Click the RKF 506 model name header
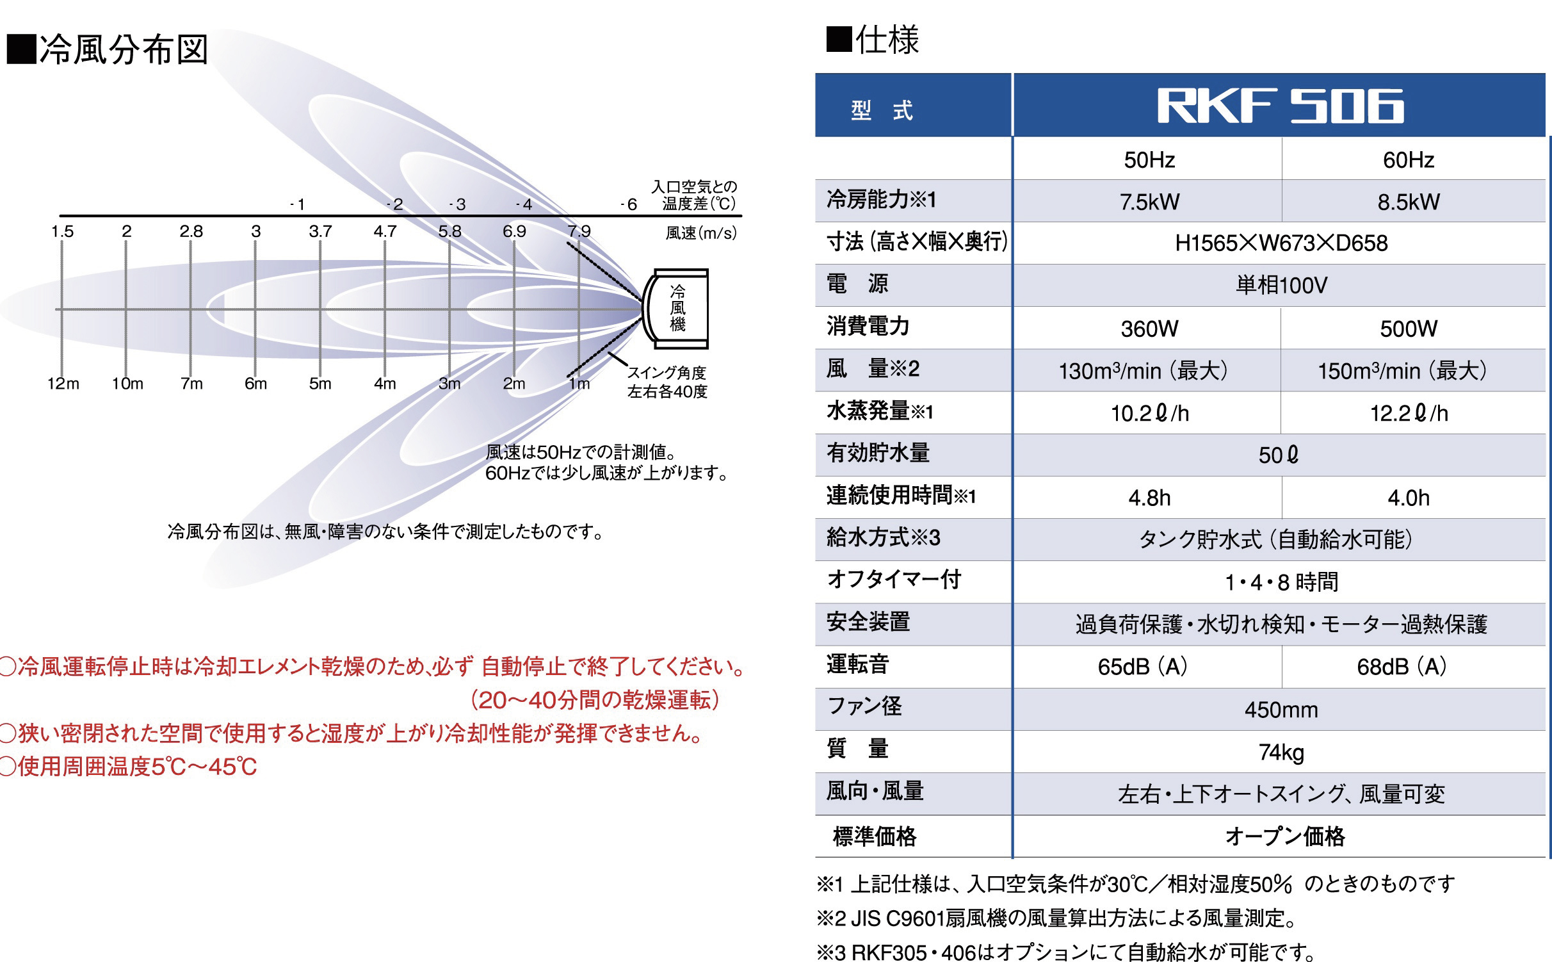pos(1280,106)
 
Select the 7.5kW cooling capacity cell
pos(1149,202)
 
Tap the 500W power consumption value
pos(1409,329)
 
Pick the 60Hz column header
pos(1409,159)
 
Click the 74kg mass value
pos(1281,752)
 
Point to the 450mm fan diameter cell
pos(1281,710)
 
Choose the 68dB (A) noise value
pos(1402,667)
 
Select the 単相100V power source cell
pos(1281,285)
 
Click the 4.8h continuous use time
pos(1149,498)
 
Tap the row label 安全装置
pos(868,621)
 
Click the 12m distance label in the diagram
pos(63,384)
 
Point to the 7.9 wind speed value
pos(579,231)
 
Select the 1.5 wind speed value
pos(62,231)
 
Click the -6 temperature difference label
pos(629,204)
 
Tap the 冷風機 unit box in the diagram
pos(678,309)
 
